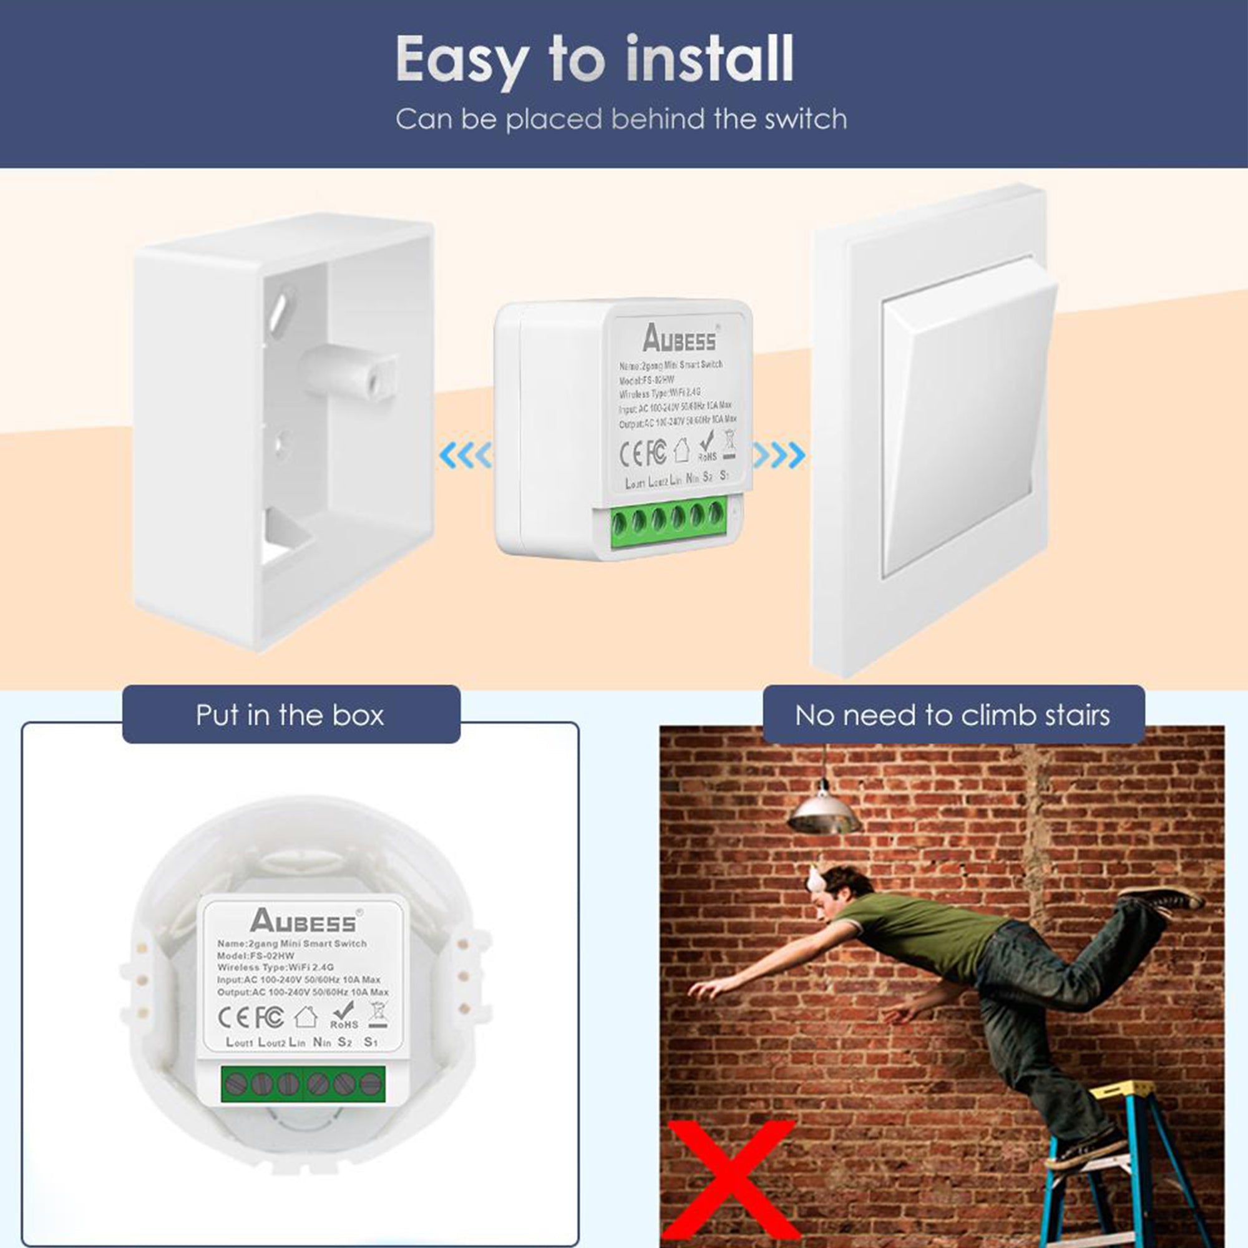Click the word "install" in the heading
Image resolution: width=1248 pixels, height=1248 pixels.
pyautogui.click(x=709, y=59)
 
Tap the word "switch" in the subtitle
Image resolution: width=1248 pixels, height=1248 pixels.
pyautogui.click(x=805, y=120)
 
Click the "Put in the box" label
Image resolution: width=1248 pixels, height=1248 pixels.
pyautogui.click(x=290, y=715)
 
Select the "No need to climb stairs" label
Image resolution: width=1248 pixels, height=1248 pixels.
pyautogui.click(x=952, y=715)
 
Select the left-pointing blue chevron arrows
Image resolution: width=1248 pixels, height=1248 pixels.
pyautogui.click(x=464, y=456)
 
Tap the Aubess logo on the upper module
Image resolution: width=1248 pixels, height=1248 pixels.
pyautogui.click(x=679, y=338)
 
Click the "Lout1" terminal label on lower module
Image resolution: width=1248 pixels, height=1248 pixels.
pyautogui.click(x=240, y=1042)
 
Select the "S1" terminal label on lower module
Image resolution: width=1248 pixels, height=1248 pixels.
pyautogui.click(x=370, y=1041)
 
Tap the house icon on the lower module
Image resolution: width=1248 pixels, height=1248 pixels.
pyautogui.click(x=306, y=1016)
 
